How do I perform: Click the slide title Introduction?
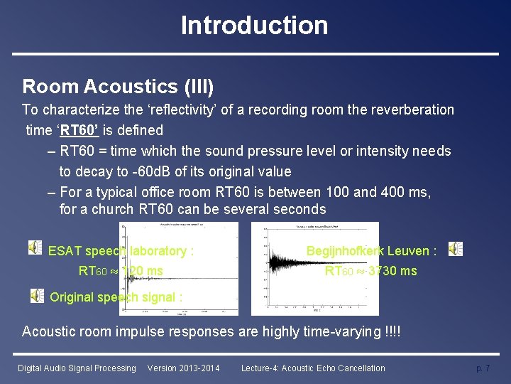pyautogui.click(x=254, y=26)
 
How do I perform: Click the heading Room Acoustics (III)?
pyautogui.click(x=118, y=87)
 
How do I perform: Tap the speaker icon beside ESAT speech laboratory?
pyautogui.click(x=35, y=247)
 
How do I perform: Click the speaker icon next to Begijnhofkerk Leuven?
pyautogui.click(x=455, y=249)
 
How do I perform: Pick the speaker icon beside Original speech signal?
pyautogui.click(x=37, y=295)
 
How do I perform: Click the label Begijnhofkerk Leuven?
pyautogui.click(x=370, y=250)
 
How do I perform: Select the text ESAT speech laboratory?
pyautogui.click(x=121, y=251)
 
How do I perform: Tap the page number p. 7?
pyautogui.click(x=483, y=368)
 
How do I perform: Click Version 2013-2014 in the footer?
pyautogui.click(x=183, y=368)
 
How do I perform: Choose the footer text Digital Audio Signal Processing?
pyautogui.click(x=77, y=368)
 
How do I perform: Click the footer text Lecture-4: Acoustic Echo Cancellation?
pyautogui.click(x=313, y=368)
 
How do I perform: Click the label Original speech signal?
pyautogui.click(x=116, y=297)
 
